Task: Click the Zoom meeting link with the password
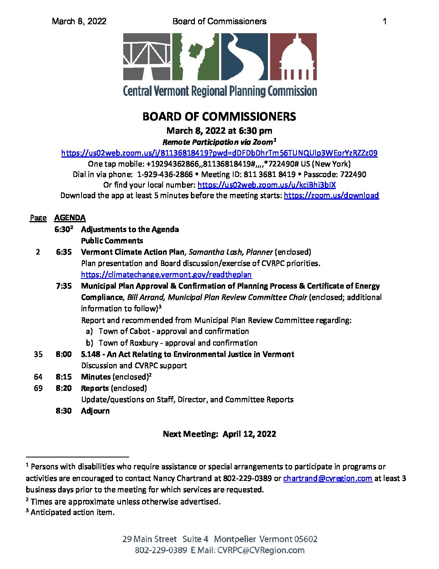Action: pos(219,153)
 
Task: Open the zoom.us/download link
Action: pos(331,196)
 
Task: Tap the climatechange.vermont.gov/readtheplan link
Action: pos(166,275)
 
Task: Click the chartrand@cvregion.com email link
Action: pos(327,478)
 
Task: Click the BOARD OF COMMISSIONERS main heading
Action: pos(219,117)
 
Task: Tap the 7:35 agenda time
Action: pos(64,286)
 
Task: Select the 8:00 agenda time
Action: pos(64,354)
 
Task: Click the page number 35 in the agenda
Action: pos(38,354)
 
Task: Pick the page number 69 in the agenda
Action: pos(38,388)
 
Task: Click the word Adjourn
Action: pos(95,411)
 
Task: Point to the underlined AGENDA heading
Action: pos(70,218)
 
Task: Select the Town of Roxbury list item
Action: pos(178,343)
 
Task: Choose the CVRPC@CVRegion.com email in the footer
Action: pos(261,550)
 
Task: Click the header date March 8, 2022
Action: pos(79,21)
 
